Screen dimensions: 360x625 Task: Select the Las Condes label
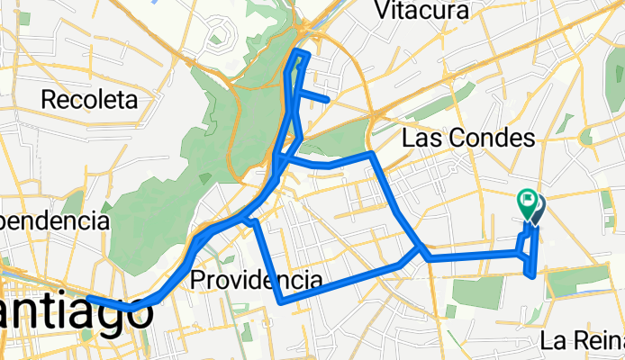tap(468, 139)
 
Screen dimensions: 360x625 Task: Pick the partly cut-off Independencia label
tap(54, 220)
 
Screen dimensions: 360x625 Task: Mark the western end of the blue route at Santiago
tap(88, 298)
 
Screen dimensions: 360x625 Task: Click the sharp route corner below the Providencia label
tap(283, 301)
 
